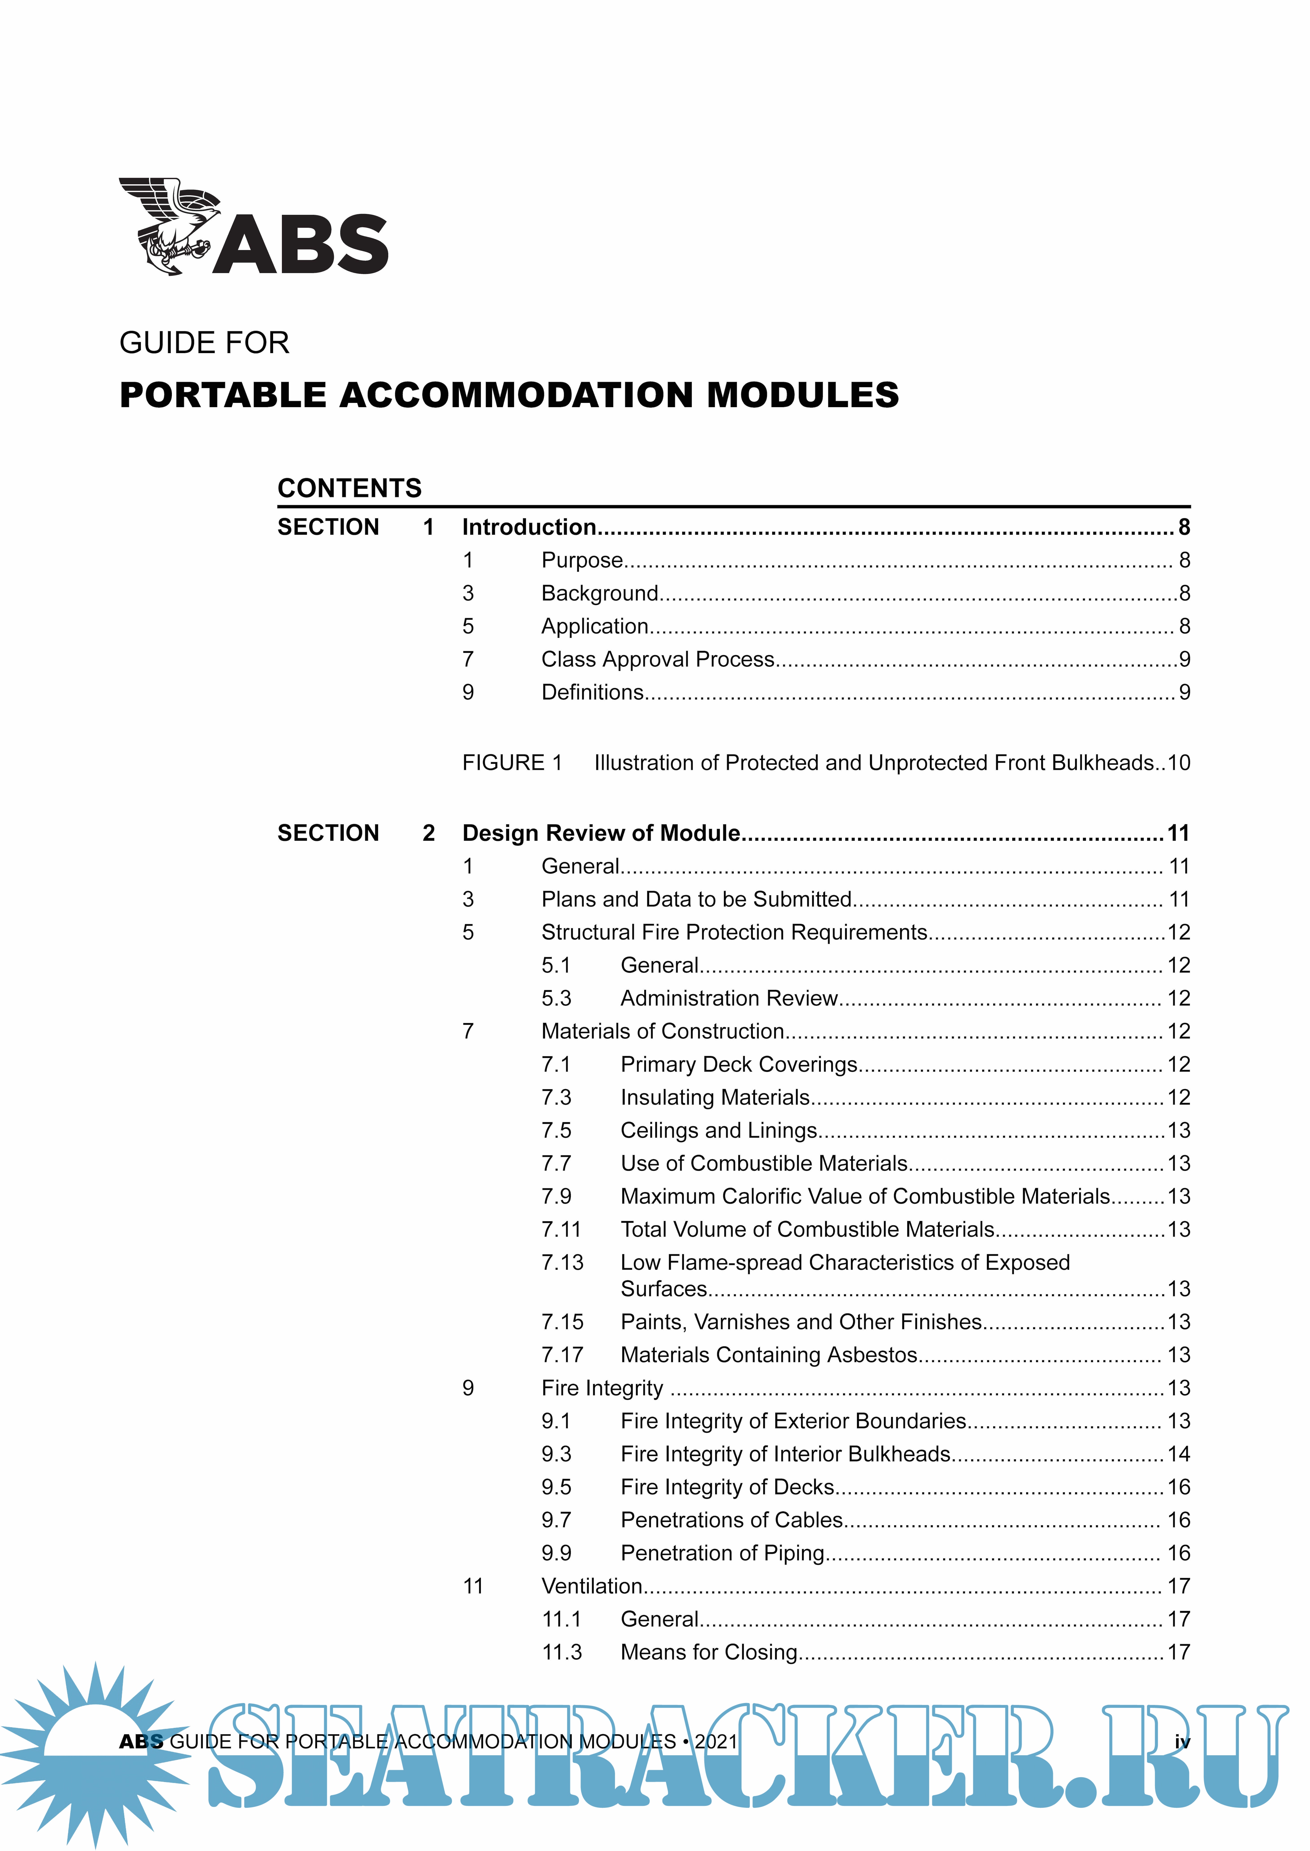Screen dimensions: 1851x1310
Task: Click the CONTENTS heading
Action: click(349, 488)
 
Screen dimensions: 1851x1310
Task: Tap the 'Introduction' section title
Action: click(528, 527)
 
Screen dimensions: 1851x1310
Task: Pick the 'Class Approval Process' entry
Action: click(657, 659)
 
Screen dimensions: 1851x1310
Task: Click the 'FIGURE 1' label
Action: click(511, 763)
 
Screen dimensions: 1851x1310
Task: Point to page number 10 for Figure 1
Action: click(1179, 763)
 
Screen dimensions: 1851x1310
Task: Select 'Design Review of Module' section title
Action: click(601, 833)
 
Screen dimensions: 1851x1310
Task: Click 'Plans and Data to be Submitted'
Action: click(696, 899)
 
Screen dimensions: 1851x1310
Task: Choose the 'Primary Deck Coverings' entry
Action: click(738, 1064)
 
